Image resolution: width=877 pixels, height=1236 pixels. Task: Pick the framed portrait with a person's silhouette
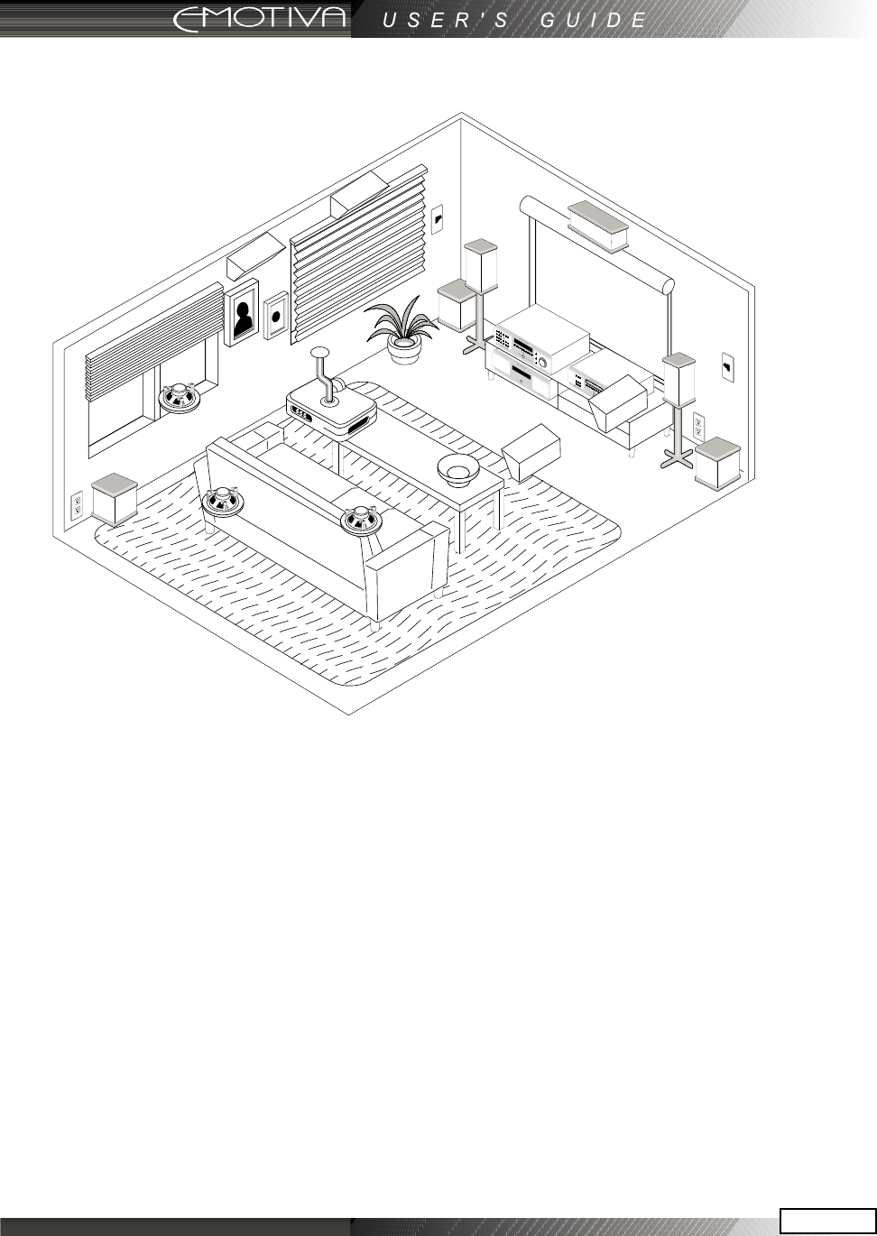tap(242, 313)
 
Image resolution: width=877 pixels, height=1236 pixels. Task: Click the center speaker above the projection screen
tap(597, 224)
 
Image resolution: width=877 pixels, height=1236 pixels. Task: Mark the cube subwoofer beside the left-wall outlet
tap(115, 499)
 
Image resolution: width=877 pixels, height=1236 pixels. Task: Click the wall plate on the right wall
tap(727, 367)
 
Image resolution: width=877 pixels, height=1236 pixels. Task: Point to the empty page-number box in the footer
tap(827, 1220)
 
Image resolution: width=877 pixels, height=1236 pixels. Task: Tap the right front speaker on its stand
tap(679, 378)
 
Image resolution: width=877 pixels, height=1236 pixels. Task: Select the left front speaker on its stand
tap(481, 264)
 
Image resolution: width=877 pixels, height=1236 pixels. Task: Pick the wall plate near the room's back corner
tap(438, 217)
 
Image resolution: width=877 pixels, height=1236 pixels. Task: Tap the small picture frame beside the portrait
tap(276, 317)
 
